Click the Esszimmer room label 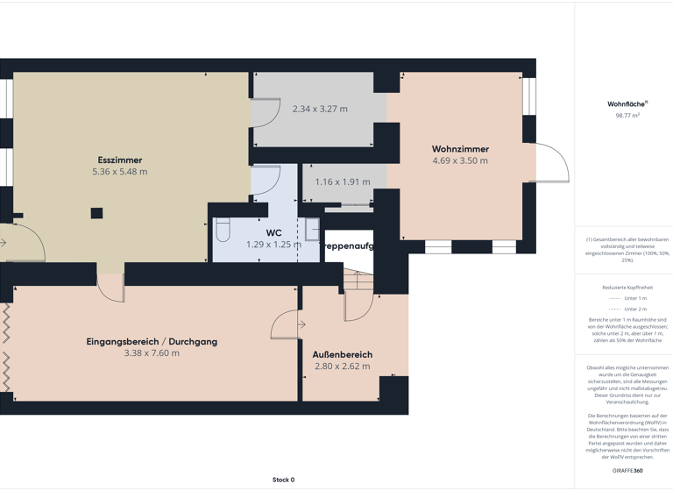pos(120,160)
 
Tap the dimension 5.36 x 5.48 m pos(120,172)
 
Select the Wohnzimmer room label pos(460,149)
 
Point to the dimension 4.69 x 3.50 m pos(460,160)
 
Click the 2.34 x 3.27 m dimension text pos(320,110)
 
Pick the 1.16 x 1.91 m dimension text pos(343,182)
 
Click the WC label pos(273,232)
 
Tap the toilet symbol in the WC pos(223,230)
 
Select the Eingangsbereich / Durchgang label pos(152,341)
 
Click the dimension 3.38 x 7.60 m pos(152,353)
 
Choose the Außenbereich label pos(343,355)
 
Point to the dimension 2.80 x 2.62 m pos(343,366)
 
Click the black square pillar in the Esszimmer pos(96,213)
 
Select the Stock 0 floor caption pos(283,480)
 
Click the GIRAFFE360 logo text pos(627,471)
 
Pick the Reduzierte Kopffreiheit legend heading pos(627,288)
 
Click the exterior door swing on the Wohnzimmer pos(552,162)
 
